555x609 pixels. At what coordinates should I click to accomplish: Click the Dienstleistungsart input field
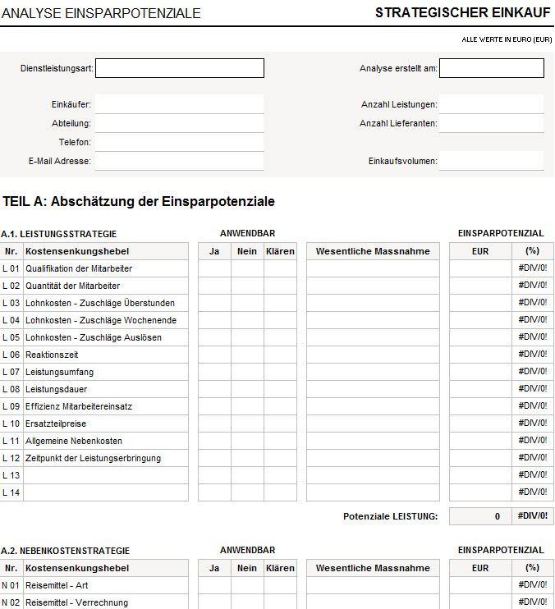click(180, 68)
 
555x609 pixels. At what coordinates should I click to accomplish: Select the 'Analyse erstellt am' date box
click(491, 68)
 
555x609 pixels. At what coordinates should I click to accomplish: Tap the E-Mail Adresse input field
click(180, 161)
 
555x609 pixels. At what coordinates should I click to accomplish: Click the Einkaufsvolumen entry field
click(491, 161)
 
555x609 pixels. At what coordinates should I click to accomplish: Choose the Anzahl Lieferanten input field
click(491, 123)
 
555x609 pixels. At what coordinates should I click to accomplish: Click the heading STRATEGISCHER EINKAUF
click(463, 12)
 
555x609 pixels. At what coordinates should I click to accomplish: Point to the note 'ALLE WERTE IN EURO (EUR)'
click(507, 39)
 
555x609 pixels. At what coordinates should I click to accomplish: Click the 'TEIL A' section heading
click(139, 202)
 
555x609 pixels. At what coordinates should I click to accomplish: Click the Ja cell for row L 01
click(214, 268)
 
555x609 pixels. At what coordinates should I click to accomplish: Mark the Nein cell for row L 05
click(247, 337)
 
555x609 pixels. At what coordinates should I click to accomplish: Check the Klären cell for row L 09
click(280, 406)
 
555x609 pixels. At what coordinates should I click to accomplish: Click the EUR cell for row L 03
click(480, 303)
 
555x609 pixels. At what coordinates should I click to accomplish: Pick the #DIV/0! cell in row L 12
click(533, 458)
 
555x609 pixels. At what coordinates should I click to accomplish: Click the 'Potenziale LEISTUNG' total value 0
click(480, 516)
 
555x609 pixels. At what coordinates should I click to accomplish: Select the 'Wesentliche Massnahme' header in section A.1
click(373, 251)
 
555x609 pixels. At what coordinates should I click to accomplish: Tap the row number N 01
click(11, 585)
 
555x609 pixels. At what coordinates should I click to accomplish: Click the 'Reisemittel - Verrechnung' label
click(76, 602)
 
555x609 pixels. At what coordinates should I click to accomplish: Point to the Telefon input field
click(180, 142)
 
